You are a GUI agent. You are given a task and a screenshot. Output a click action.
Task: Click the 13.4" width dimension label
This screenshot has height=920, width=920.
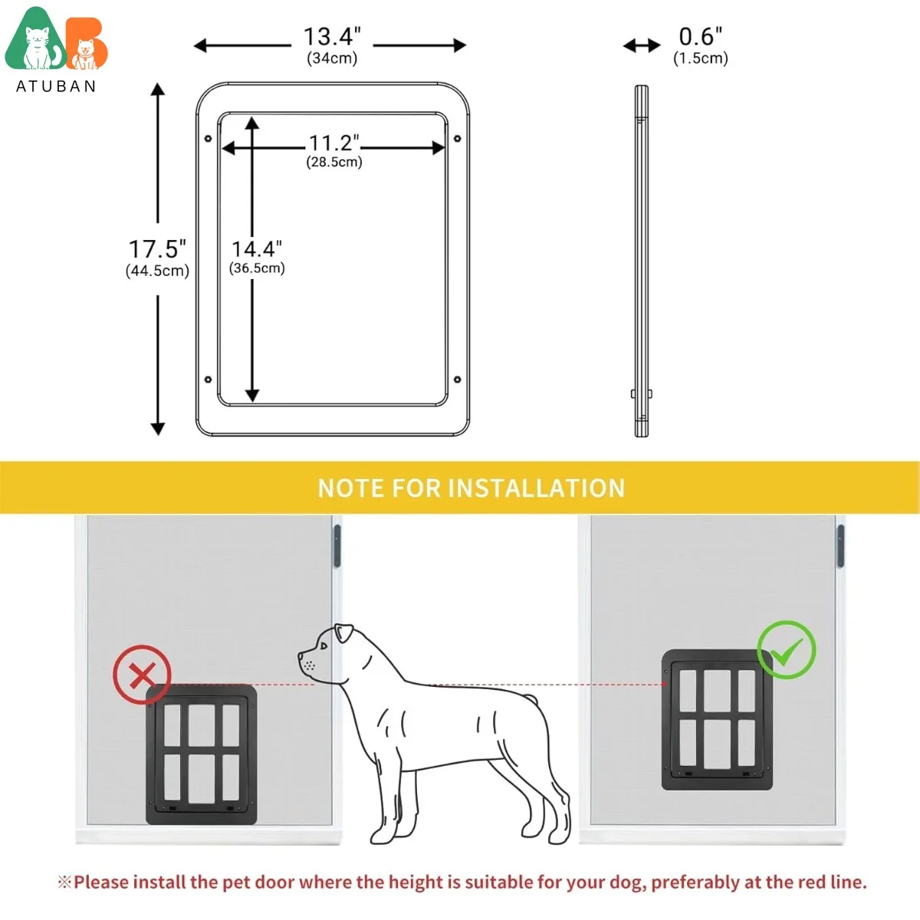point(331,37)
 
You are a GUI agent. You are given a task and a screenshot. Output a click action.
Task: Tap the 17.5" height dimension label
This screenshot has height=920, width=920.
point(156,249)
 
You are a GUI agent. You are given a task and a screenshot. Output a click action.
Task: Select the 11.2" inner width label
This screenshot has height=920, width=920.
point(333,143)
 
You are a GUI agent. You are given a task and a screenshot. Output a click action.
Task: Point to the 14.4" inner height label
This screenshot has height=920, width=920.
point(257,249)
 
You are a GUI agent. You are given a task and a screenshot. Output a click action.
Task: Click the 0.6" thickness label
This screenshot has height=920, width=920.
point(700,37)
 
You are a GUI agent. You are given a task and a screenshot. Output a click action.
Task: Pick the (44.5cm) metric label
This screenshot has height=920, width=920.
point(157,271)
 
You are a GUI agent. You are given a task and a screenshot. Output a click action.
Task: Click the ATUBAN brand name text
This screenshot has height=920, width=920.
point(56,86)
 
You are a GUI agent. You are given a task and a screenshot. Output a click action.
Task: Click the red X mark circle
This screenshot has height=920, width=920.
point(142,675)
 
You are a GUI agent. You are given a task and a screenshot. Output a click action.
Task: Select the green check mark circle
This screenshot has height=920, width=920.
point(787,649)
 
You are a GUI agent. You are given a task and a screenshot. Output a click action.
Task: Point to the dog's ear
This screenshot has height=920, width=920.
point(343,634)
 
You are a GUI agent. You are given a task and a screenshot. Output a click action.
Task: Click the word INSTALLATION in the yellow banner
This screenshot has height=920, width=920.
point(537,488)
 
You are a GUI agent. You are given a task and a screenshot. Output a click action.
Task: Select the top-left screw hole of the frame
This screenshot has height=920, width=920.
point(208,139)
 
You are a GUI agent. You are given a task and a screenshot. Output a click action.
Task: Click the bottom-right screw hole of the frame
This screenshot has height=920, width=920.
point(458,379)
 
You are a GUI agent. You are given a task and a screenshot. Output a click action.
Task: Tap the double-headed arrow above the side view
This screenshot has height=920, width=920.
point(642,46)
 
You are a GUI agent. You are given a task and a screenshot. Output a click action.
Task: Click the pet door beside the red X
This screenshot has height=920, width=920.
point(202,755)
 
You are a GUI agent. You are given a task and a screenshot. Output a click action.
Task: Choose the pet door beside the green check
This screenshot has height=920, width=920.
point(717,721)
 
